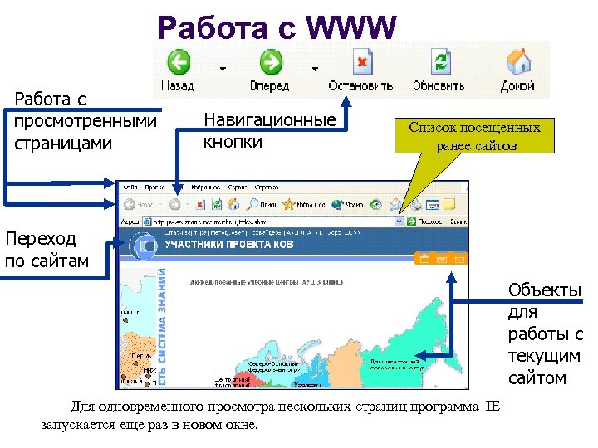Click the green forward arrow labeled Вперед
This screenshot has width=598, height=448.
(x=270, y=63)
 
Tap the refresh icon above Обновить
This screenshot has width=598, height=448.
(x=438, y=63)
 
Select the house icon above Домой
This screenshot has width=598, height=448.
(x=518, y=63)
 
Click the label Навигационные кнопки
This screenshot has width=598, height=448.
(x=269, y=130)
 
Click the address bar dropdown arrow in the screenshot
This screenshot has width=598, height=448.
(x=399, y=222)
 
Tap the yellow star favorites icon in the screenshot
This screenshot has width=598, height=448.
(x=290, y=203)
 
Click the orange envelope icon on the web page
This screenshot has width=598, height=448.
(x=459, y=260)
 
